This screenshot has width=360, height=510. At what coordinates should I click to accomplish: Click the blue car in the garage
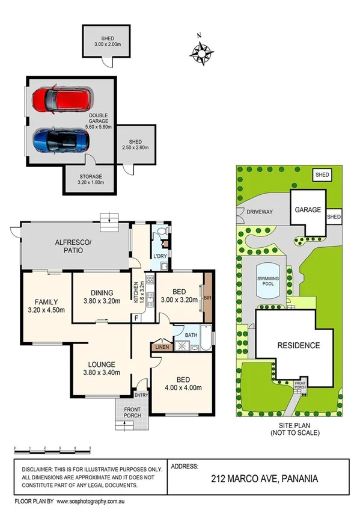click(61, 141)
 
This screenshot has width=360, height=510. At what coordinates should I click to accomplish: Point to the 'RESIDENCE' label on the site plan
click(298, 346)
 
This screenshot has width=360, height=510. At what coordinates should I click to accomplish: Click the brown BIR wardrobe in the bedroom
click(208, 298)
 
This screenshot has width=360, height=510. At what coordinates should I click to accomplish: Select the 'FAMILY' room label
click(46, 306)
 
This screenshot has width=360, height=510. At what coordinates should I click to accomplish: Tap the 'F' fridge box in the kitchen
click(137, 317)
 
